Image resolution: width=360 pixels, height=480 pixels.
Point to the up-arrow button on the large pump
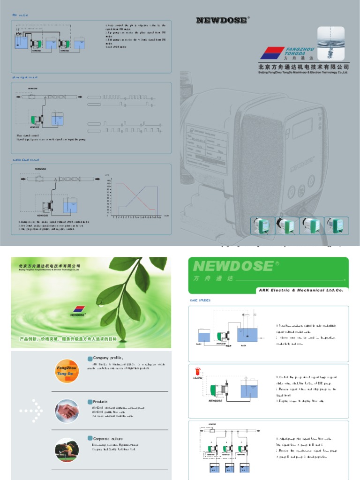coord(291,191)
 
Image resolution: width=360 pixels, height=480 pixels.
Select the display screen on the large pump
coord(302,128)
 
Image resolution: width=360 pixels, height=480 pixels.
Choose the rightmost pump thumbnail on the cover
coord(337,225)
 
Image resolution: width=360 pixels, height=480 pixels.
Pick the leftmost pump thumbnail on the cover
coord(262,225)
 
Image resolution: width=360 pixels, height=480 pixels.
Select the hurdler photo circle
coord(67,450)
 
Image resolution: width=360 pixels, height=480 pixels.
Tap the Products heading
coord(100,402)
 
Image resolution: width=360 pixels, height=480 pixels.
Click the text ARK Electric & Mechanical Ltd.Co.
coord(300,290)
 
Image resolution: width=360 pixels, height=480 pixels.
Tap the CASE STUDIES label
coord(200,300)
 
